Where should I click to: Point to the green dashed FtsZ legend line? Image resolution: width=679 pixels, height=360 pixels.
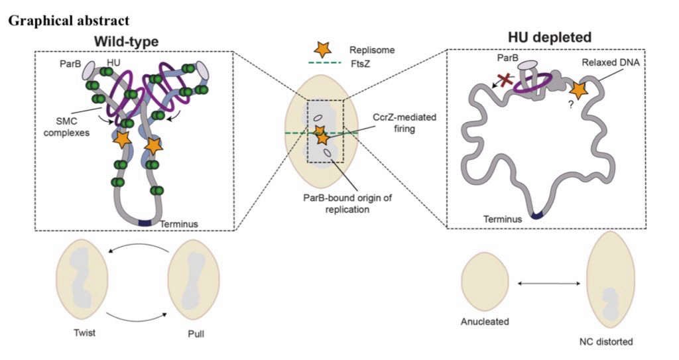point(323,64)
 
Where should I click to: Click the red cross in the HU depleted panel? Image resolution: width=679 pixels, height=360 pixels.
point(505,82)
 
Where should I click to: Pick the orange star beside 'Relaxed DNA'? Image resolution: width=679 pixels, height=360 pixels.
point(578,90)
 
